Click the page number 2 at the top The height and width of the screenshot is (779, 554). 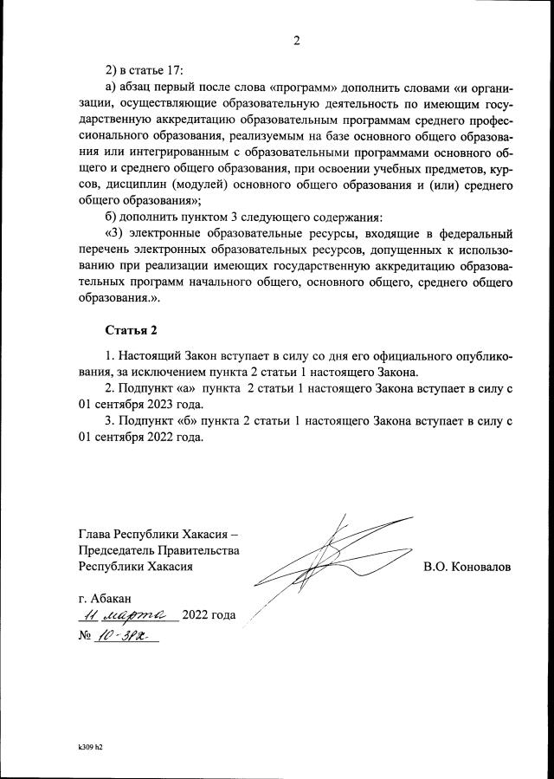(296, 40)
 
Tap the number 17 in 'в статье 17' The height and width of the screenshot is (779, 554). (174, 70)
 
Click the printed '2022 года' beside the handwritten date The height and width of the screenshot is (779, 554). (209, 615)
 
